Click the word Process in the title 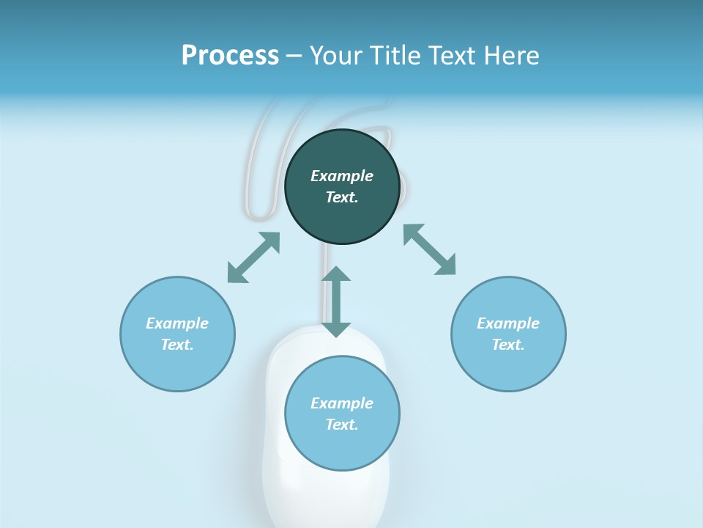tap(230, 56)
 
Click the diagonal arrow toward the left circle tap(253, 257)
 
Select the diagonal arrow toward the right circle tap(430, 249)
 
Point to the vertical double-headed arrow tap(336, 301)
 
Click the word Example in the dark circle tap(342, 176)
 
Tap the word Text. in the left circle tap(177, 345)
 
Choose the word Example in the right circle tap(508, 323)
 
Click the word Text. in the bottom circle tap(342, 425)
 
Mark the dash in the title tap(294, 56)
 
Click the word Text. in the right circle tap(508, 345)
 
